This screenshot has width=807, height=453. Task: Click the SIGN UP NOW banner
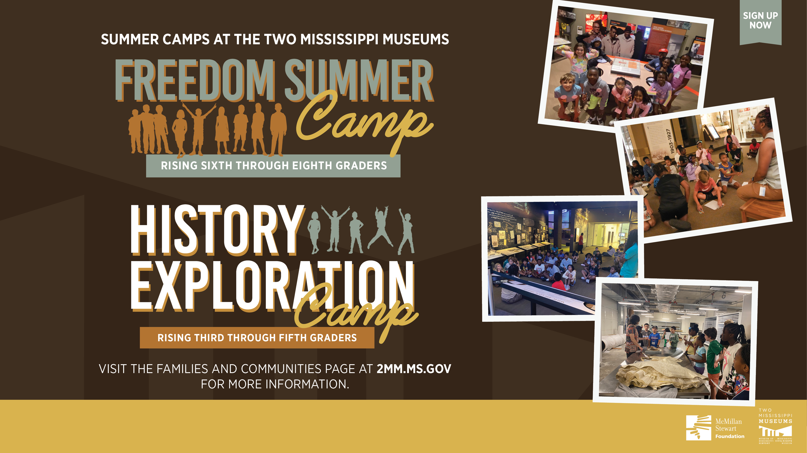point(760,21)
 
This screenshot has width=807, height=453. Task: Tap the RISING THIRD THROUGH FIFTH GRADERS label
point(257,338)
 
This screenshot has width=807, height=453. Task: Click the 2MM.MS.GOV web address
point(414,369)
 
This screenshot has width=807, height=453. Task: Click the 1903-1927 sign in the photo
point(670,141)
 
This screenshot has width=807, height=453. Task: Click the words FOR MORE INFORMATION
point(275,384)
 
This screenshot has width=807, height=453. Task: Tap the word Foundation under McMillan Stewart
point(730,436)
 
